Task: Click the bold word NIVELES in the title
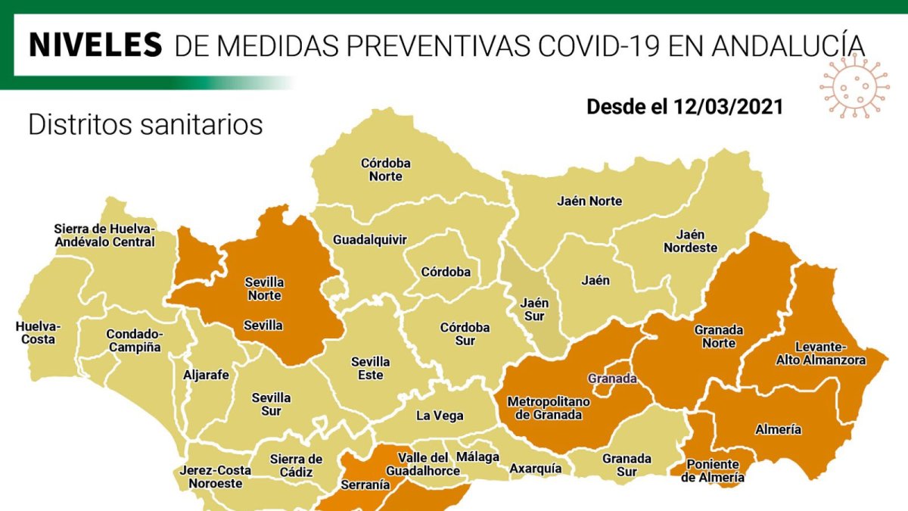95,45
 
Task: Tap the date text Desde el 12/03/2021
684,107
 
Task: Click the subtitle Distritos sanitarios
145,125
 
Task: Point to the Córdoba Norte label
385,170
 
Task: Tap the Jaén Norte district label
589,201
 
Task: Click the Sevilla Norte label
263,288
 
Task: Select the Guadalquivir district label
370,240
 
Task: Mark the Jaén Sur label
534,309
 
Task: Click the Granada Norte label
719,336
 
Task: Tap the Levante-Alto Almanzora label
820,354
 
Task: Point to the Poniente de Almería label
712,470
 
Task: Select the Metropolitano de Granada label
545,407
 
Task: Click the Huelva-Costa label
38,333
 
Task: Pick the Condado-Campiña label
133,340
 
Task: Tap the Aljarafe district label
205,374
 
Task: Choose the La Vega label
440,416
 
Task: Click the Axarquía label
536,469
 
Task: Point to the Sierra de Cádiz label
296,466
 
